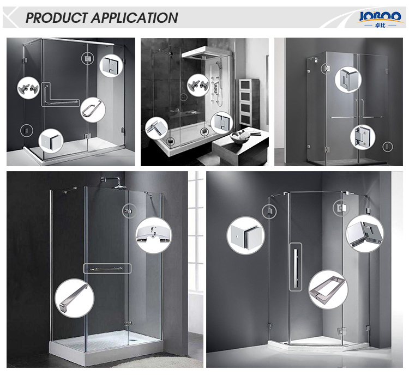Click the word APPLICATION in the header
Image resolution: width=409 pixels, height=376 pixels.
click(135, 18)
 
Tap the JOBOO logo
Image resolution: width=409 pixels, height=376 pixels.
click(380, 19)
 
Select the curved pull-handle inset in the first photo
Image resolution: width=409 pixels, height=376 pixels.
click(93, 110)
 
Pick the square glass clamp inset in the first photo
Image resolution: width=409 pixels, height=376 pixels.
click(51, 142)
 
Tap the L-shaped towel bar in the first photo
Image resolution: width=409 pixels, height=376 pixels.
click(61, 95)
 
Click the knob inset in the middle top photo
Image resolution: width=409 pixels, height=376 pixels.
click(199, 85)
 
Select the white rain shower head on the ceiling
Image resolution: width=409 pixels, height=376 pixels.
click(206, 54)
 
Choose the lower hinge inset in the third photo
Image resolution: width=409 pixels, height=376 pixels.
click(363, 137)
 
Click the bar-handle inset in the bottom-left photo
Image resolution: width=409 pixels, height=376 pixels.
click(74, 298)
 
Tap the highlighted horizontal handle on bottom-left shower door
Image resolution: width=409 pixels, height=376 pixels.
click(107, 269)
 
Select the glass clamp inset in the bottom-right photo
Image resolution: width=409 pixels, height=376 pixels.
click(245, 235)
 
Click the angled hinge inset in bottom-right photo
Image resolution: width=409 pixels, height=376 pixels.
click(365, 233)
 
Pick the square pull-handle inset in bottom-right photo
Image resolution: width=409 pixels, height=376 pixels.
click(328, 289)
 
